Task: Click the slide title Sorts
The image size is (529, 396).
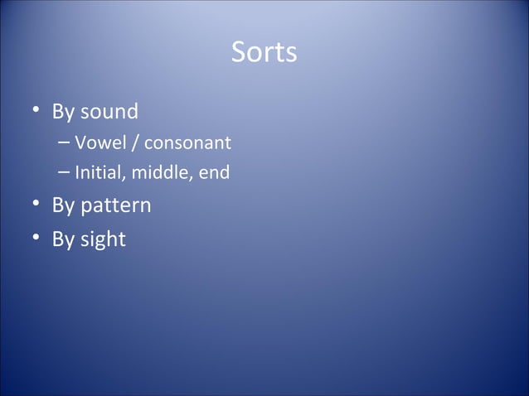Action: point(264,53)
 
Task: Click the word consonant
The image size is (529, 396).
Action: point(188,144)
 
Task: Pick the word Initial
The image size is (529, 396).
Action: point(95,174)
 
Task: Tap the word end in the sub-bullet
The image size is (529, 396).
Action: point(213,174)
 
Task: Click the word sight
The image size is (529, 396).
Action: point(104,240)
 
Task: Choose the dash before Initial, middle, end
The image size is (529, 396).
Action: point(65,174)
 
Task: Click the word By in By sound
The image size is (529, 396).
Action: point(63,112)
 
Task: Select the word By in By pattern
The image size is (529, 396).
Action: point(63,205)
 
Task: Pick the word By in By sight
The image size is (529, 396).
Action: point(63,240)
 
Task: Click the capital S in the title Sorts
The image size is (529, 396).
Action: point(238,53)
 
